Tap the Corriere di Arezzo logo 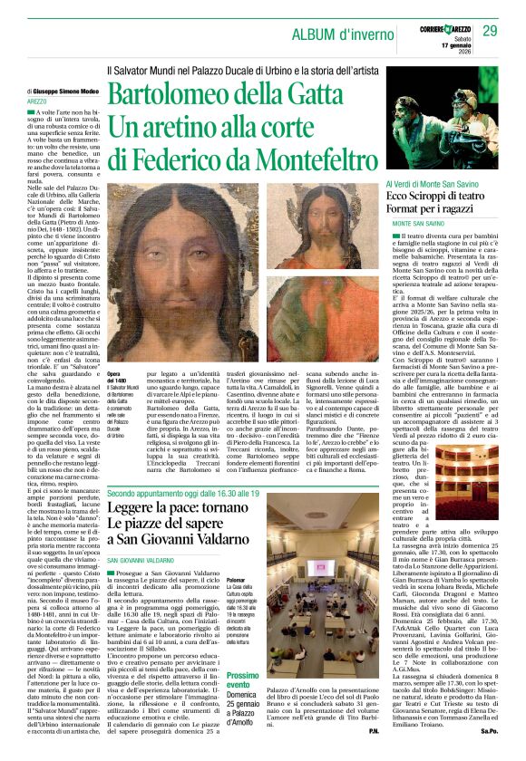coord(442,32)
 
